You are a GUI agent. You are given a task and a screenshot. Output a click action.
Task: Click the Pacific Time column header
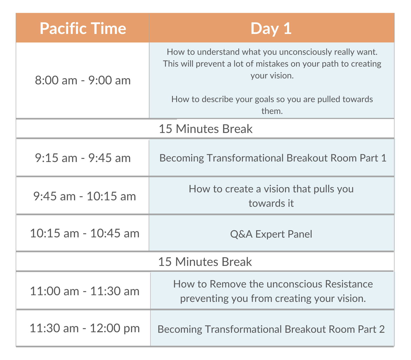click(x=83, y=28)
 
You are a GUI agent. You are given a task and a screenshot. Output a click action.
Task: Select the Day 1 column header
click(x=271, y=28)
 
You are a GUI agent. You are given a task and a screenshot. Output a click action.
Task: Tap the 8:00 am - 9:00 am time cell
click(x=83, y=80)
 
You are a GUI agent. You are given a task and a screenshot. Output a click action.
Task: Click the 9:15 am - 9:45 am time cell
click(x=83, y=158)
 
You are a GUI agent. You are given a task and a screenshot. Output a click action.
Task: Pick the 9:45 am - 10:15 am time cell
click(x=85, y=196)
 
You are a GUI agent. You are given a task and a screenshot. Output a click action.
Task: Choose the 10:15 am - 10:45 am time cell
click(x=85, y=233)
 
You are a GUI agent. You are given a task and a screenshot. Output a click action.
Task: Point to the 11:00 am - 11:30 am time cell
click(x=85, y=291)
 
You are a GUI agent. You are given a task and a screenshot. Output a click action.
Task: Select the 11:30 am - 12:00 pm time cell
click(x=85, y=328)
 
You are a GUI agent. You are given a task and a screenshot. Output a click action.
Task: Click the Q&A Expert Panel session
click(x=271, y=234)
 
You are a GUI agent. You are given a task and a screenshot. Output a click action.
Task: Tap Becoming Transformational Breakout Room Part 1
click(x=273, y=158)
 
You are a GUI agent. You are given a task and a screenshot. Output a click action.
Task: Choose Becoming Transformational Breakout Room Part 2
click(x=271, y=329)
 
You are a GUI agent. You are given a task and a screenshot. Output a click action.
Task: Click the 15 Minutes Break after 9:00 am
click(x=206, y=129)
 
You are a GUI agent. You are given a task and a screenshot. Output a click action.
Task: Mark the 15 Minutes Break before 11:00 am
click(x=205, y=262)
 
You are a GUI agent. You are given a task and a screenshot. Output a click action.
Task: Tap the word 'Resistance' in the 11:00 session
click(x=349, y=284)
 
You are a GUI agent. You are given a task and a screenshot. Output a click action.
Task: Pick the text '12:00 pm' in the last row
click(x=115, y=328)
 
